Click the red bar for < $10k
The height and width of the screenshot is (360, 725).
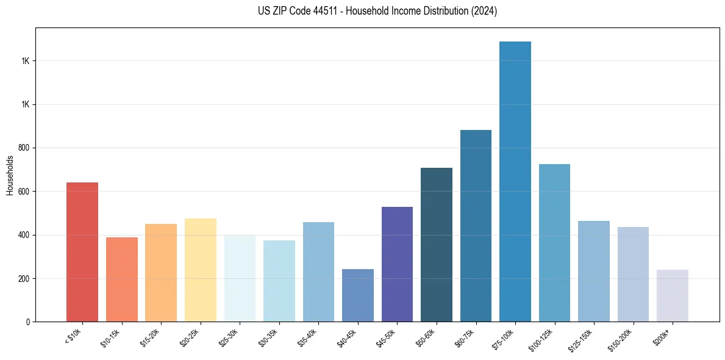point(82,251)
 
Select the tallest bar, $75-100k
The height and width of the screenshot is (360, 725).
point(515,181)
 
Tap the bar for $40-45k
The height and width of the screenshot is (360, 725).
point(358,295)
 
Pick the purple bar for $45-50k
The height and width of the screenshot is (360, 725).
point(397,264)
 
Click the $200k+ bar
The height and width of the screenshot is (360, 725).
point(673,295)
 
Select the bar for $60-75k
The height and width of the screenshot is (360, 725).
point(476,226)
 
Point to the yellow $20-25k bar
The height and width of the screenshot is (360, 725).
point(201,270)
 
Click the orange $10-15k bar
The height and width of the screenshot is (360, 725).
point(122,279)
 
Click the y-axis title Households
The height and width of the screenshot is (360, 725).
point(10,175)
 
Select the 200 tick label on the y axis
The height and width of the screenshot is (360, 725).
point(25,278)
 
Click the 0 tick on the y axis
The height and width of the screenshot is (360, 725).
point(29,322)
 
